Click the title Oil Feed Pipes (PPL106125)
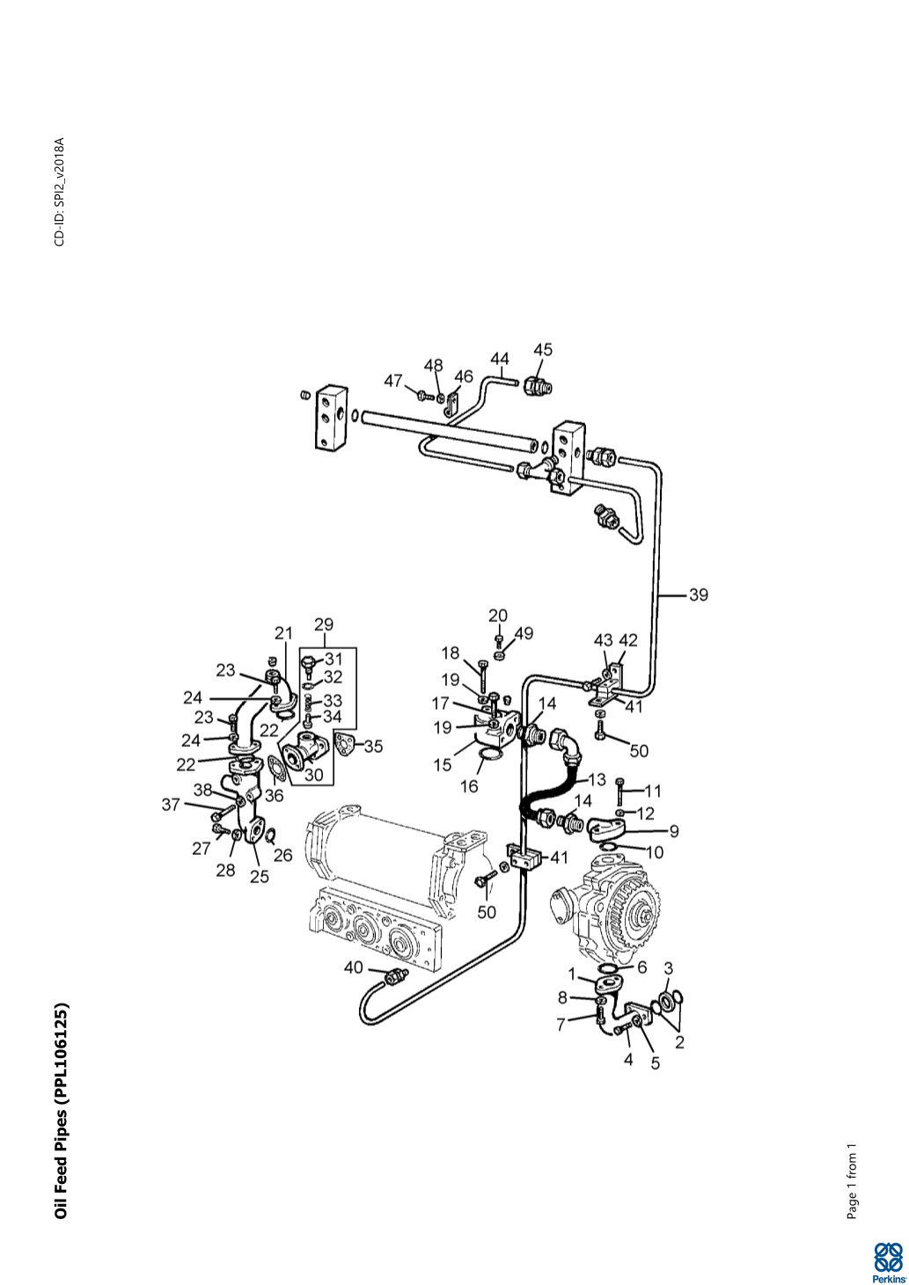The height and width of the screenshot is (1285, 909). tap(61, 1111)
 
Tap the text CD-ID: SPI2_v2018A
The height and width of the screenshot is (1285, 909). tap(59, 191)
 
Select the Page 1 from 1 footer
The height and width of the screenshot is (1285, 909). tap(851, 1182)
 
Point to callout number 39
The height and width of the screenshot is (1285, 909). tap(698, 595)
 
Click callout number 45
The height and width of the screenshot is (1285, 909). tap(543, 349)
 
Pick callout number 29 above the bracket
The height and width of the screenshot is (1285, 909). tap(323, 624)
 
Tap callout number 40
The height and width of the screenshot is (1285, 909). tap(353, 967)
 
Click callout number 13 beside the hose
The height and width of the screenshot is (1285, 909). tap(597, 779)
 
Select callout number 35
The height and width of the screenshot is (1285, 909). tap(373, 746)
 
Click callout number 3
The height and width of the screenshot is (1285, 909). tap(669, 968)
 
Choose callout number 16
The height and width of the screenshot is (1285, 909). tap(469, 786)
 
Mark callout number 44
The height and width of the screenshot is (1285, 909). tap(500, 359)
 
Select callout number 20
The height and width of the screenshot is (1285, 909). tap(498, 615)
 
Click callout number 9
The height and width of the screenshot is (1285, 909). tap(673, 829)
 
